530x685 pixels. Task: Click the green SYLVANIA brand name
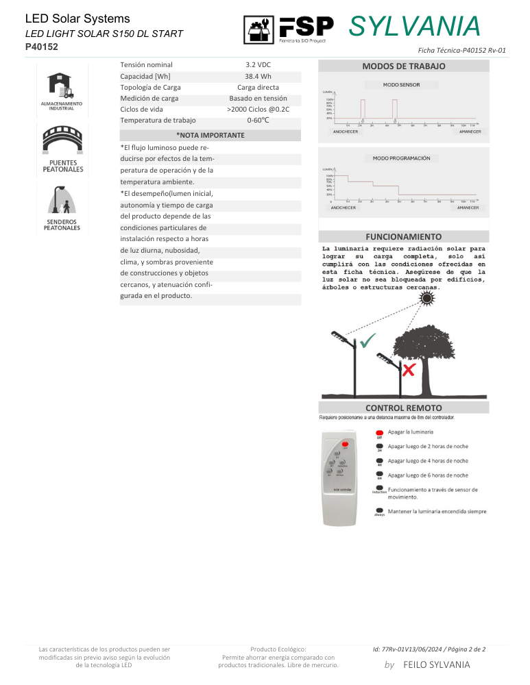(x=415, y=26)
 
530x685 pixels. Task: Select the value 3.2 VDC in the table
(x=258, y=64)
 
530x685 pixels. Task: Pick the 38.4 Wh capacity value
(x=258, y=76)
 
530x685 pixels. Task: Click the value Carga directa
(x=258, y=87)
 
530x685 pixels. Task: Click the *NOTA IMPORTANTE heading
(x=210, y=135)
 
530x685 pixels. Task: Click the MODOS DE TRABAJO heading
(x=403, y=66)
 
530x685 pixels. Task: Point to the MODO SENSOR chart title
(x=401, y=85)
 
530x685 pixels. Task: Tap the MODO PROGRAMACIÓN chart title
(x=401, y=158)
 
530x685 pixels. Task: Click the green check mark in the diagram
(x=370, y=339)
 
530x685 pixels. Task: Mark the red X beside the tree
(x=409, y=370)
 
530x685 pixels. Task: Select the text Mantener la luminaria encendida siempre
(x=437, y=511)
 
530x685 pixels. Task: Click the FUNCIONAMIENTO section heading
(x=403, y=236)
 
